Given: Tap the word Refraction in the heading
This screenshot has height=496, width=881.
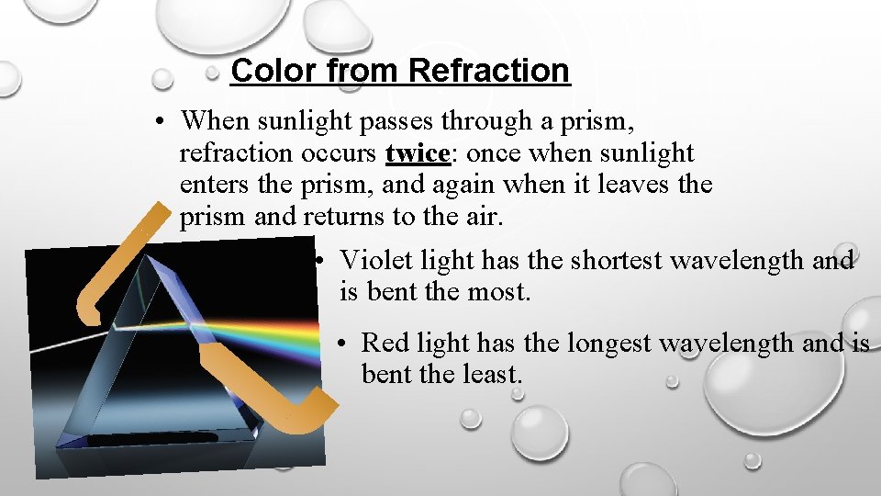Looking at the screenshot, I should pos(489,71).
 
